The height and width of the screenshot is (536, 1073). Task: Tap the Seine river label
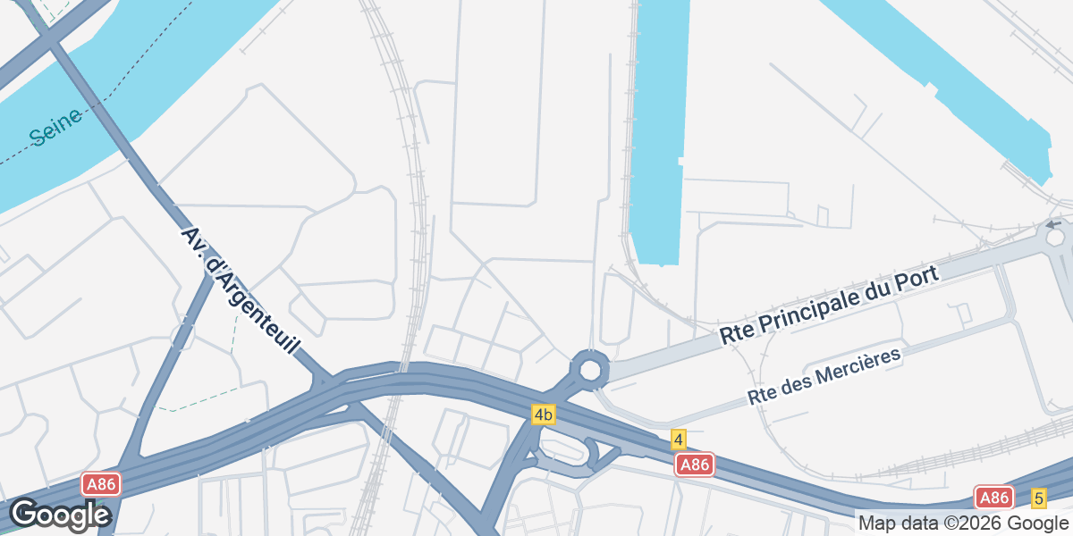point(55,126)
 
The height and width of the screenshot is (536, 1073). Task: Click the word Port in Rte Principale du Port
point(922,276)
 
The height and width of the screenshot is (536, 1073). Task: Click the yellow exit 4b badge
point(543,415)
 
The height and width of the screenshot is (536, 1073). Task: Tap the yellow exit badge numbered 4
point(679,440)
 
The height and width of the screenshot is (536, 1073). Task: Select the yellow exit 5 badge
point(1038,498)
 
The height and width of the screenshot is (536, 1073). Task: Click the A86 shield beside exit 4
point(695,465)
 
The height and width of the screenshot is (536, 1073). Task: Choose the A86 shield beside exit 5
point(993,498)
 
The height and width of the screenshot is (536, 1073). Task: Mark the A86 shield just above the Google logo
point(101,484)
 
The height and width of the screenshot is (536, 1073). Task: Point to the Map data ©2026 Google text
point(962,523)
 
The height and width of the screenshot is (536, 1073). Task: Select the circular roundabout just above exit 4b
point(589,369)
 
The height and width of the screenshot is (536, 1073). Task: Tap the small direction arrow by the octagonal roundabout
point(1053,224)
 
